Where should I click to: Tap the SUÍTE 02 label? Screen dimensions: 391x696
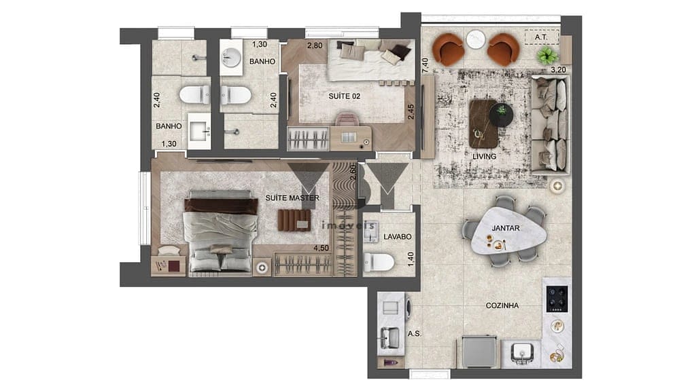coord(344,96)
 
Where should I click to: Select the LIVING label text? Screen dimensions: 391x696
coord(484,156)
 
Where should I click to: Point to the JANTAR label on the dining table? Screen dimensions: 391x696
coord(507,228)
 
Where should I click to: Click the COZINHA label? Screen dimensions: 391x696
coord(502,305)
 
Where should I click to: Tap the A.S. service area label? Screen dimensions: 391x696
coord(413,334)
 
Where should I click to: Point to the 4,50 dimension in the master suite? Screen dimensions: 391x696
coord(321,248)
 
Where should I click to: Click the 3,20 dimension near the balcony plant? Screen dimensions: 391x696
coord(558,69)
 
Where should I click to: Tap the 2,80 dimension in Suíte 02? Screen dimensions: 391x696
coord(315,46)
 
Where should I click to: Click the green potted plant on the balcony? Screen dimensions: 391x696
coord(548,56)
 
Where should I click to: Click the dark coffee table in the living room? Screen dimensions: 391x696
coord(484,124)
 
